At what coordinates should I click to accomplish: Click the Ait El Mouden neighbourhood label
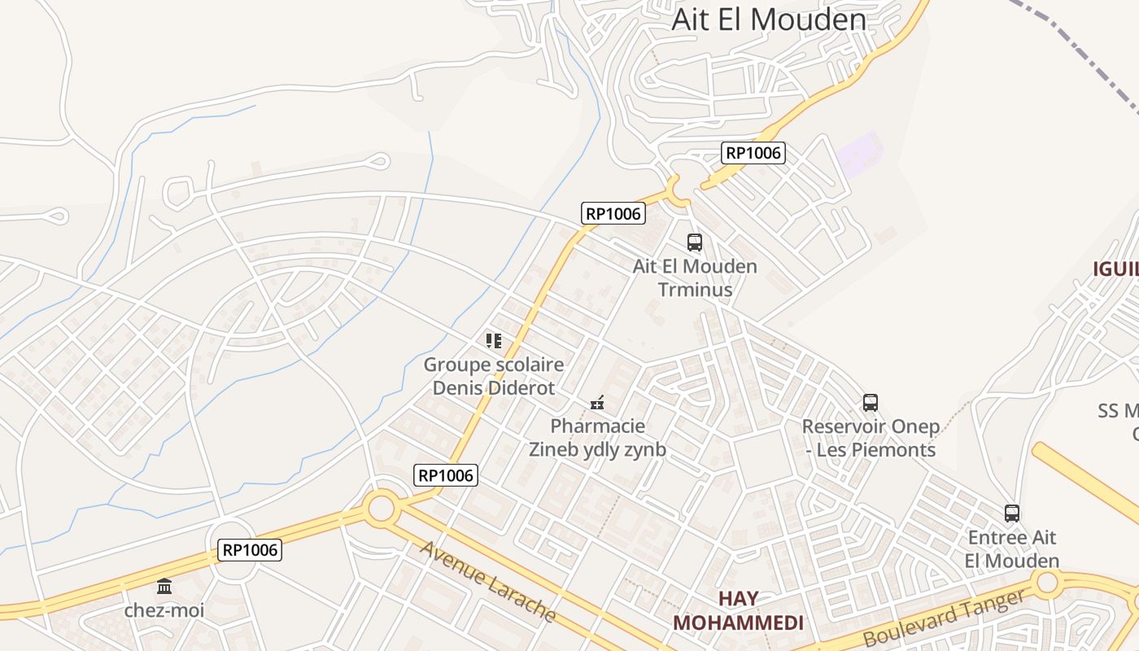click(x=769, y=19)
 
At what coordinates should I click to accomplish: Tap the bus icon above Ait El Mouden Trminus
click(x=695, y=242)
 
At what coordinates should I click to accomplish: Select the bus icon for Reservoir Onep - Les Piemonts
click(x=871, y=402)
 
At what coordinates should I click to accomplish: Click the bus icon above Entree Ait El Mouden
click(x=1012, y=513)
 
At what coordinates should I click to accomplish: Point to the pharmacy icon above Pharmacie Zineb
click(x=597, y=402)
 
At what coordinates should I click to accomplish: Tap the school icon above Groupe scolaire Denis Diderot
click(x=494, y=340)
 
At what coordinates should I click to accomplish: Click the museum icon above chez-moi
click(x=164, y=586)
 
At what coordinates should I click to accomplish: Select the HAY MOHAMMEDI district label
click(x=738, y=611)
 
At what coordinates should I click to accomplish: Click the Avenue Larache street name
click(x=488, y=581)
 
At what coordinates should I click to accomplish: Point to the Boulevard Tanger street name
click(x=944, y=618)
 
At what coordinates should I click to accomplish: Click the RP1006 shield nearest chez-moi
click(x=251, y=550)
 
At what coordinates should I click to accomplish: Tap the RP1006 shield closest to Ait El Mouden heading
click(x=753, y=152)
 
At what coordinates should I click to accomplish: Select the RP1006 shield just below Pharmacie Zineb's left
click(x=446, y=475)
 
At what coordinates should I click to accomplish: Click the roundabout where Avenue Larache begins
click(x=381, y=509)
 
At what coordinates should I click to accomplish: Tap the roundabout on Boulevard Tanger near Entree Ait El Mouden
click(x=1047, y=582)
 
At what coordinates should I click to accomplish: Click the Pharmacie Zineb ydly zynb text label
click(x=597, y=438)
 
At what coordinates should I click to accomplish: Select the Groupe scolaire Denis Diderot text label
click(x=494, y=376)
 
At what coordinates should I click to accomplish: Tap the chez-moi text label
click(x=164, y=610)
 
